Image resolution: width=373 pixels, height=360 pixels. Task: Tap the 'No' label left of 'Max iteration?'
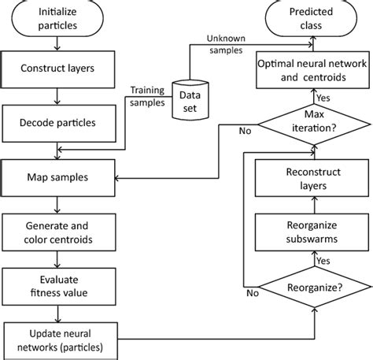click(245, 132)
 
